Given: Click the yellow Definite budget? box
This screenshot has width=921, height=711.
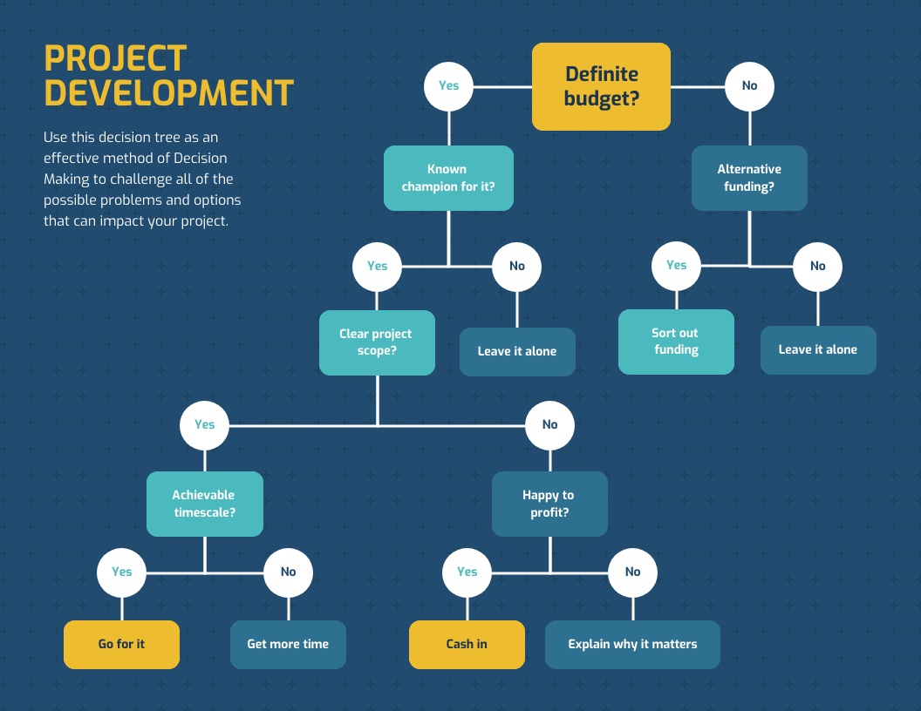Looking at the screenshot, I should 601,86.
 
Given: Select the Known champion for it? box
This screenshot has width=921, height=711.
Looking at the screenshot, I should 448,178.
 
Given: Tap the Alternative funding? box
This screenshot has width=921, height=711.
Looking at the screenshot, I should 749,178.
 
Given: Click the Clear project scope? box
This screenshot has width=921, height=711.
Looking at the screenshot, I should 377,342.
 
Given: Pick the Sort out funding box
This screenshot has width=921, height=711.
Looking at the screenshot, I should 676,342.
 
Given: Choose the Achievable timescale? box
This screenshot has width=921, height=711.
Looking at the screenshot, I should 204,504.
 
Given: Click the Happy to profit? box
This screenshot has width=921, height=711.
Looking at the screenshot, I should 549,504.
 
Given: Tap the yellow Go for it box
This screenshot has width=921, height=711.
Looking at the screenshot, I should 121,644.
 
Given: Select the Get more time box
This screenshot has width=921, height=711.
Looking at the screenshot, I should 288,644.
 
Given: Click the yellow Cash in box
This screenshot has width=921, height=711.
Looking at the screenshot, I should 467,644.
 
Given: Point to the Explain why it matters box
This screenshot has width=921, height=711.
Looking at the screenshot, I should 632,644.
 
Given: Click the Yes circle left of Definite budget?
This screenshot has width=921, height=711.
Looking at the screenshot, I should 448,86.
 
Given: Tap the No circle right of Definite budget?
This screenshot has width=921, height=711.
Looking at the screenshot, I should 749,86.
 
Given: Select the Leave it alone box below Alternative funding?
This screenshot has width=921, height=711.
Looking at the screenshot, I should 817,349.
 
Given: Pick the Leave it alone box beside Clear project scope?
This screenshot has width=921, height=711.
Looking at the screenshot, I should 517,351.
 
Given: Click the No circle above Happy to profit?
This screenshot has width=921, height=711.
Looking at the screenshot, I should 549,425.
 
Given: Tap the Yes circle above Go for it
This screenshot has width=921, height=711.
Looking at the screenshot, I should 122,572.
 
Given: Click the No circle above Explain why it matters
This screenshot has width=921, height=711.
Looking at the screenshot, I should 632,572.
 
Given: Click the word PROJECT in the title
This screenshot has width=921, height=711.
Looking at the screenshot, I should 115,59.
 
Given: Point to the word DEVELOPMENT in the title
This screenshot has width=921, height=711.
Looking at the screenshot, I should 168,92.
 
